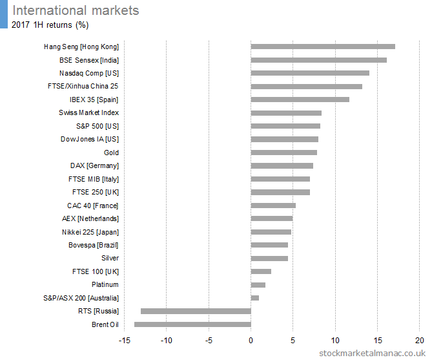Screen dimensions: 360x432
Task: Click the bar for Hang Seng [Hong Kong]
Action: point(323,47)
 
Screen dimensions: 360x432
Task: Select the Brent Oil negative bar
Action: point(192,324)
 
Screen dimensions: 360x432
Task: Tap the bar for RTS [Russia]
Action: point(196,311)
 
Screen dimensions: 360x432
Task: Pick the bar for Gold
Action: point(283,153)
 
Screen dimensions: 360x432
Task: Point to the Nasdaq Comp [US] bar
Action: point(310,73)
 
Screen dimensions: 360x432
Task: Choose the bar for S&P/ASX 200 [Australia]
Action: point(254,298)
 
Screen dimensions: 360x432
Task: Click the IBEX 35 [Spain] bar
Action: point(300,100)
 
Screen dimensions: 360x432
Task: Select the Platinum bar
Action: point(258,284)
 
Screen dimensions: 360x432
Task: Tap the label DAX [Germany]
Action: point(94,165)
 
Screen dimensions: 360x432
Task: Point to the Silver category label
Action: point(110,258)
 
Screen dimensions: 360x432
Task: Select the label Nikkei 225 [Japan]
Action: point(90,232)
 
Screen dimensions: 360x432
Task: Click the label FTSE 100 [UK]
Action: point(96,271)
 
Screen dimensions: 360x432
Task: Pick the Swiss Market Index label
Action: point(88,112)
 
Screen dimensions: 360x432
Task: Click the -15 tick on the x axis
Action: point(124,340)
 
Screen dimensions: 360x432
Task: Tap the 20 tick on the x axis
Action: point(419,340)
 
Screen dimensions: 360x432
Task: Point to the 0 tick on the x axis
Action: point(251,340)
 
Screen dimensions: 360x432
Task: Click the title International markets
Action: point(76,10)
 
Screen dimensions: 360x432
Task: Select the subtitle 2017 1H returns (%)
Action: point(50,25)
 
